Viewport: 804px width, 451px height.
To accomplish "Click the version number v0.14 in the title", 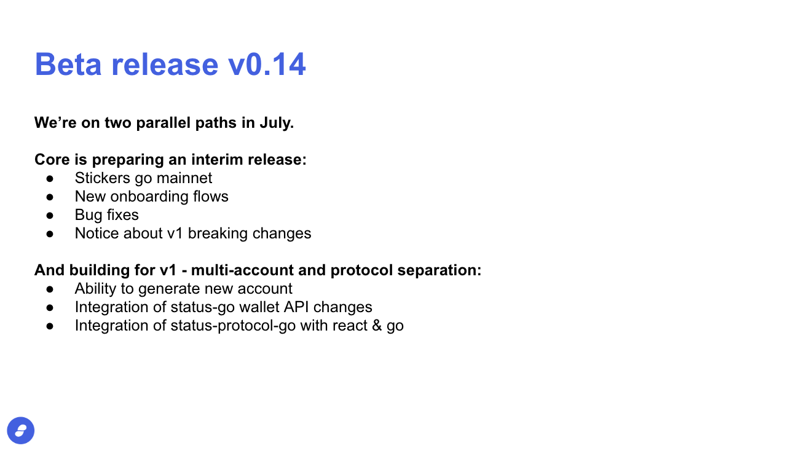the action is pos(267,65).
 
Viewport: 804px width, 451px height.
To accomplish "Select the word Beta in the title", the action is pos(68,65).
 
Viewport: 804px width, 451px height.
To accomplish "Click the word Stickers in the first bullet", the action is pos(102,178).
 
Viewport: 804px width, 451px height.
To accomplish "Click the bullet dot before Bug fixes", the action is pos(50,215).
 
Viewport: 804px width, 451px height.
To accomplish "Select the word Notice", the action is pos(97,233).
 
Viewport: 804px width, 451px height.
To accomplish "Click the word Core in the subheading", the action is pos(52,160).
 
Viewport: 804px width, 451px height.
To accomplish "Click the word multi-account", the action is pos(242,270).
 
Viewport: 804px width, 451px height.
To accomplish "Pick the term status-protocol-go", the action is pos(233,326).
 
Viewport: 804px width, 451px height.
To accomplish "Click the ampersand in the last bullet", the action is pos(377,326).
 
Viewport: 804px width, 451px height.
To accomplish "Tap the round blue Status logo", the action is pos(21,431).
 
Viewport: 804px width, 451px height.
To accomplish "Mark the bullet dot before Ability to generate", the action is pos(50,289).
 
